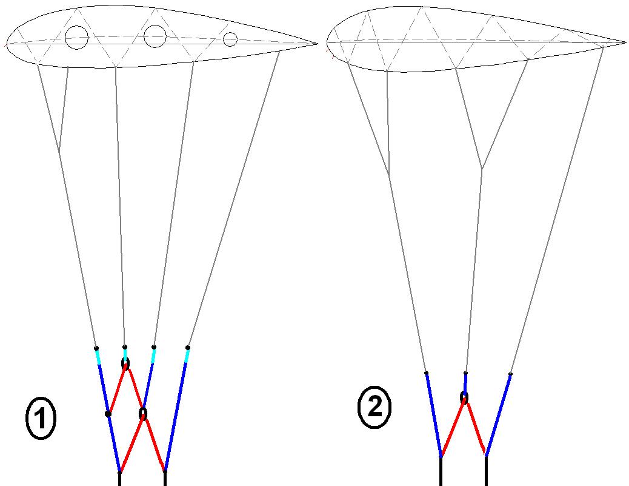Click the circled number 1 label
[x=41, y=420]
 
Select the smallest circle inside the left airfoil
[x=230, y=39]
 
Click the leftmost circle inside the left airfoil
[x=76, y=38]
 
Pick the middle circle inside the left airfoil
[x=155, y=36]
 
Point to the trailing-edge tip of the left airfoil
[x=317, y=43]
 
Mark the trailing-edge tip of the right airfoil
[x=625, y=42]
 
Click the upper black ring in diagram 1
[x=125, y=363]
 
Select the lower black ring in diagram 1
[x=143, y=414]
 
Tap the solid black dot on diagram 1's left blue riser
[x=108, y=414]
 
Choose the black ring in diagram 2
[x=464, y=398]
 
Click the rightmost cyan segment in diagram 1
[x=187, y=356]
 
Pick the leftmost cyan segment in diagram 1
[x=98, y=357]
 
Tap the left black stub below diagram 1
[x=120, y=479]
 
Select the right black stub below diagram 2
[x=486, y=471]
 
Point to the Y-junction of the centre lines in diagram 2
[x=482, y=169]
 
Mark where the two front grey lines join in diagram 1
[x=59, y=151]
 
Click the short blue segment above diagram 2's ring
[x=465, y=383]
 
